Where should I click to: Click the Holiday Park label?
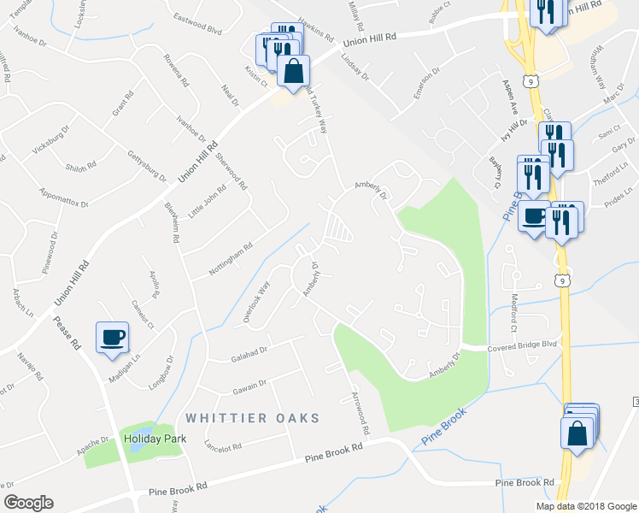pyautogui.click(x=155, y=439)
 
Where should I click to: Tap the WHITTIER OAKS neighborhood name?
pyautogui.click(x=252, y=418)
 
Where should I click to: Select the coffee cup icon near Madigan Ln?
pyautogui.click(x=112, y=337)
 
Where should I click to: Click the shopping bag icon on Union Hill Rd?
pyautogui.click(x=293, y=74)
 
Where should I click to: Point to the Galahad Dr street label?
pyautogui.click(x=249, y=350)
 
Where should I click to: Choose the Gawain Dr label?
pyautogui.click(x=250, y=386)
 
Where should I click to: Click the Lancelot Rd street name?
pyautogui.click(x=223, y=445)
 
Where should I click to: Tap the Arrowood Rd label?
pyautogui.click(x=358, y=410)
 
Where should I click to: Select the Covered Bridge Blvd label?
pyautogui.click(x=521, y=345)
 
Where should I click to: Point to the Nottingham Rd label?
pyautogui.click(x=231, y=260)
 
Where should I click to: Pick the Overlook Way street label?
pyautogui.click(x=256, y=302)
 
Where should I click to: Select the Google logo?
pyautogui.click(x=28, y=503)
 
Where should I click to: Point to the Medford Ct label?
pyautogui.click(x=514, y=315)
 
